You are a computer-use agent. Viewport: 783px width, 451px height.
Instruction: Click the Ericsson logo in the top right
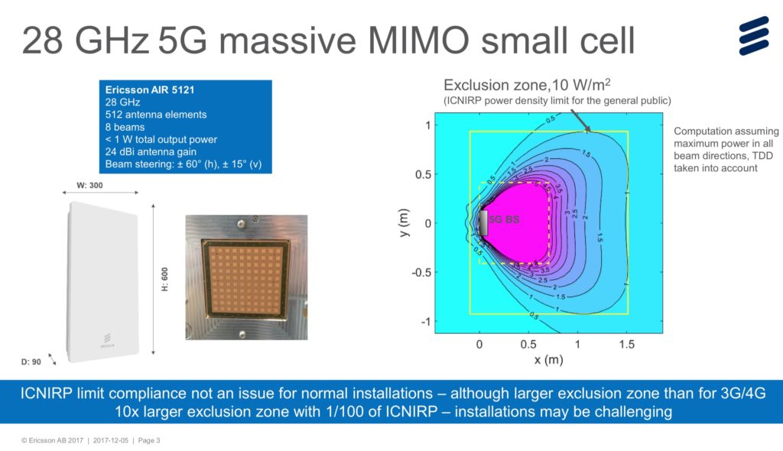pos(752,35)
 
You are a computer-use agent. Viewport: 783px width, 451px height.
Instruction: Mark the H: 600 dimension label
pos(164,279)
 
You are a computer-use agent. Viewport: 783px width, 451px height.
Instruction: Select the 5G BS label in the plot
pos(505,219)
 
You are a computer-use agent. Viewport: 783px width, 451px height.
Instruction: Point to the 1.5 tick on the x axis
pos(627,345)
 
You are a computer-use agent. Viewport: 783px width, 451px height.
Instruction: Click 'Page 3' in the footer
pos(147,440)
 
